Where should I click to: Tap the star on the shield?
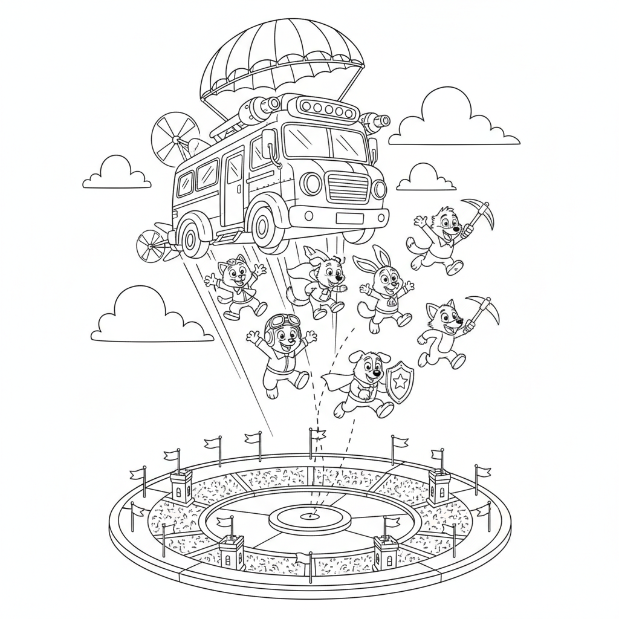point(400,381)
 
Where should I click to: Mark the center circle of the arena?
point(309,516)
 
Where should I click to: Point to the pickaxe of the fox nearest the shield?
point(484,310)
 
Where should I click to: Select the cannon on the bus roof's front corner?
point(375,123)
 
